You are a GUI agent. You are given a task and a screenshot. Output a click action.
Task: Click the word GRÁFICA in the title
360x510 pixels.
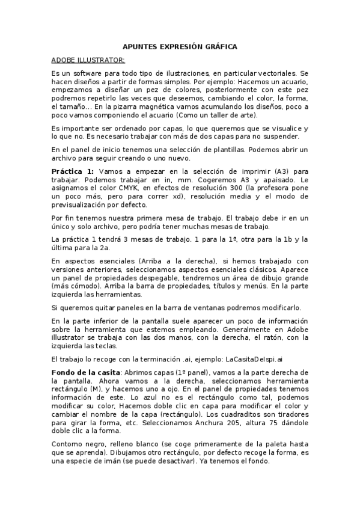coord(220,46)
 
